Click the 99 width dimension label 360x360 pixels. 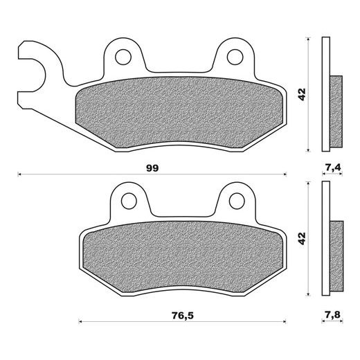(x=152, y=168)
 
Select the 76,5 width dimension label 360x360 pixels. (x=182, y=316)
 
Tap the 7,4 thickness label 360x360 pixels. (x=332, y=167)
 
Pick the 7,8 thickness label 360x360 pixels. (x=332, y=314)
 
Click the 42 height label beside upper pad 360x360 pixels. (x=302, y=94)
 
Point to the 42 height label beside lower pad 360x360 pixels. (x=302, y=238)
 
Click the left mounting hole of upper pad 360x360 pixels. (x=123, y=57)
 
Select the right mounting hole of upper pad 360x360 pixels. (x=235, y=57)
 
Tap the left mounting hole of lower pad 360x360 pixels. (x=129, y=201)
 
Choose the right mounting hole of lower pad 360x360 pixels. (x=237, y=201)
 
